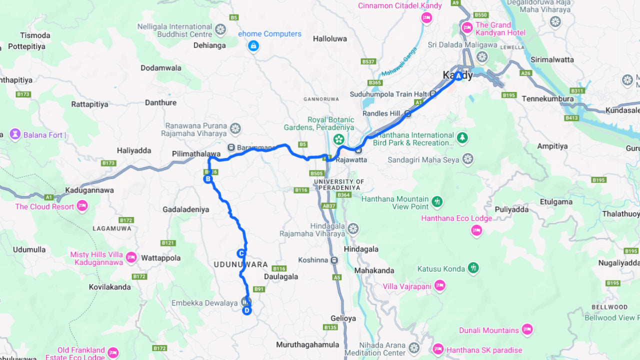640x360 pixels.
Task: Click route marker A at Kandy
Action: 458,76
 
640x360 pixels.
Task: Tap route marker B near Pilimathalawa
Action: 207,179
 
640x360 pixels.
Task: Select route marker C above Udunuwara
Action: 241,253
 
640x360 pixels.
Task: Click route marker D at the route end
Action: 246,311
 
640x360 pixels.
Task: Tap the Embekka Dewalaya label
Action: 204,303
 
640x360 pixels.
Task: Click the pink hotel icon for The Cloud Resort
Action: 82,206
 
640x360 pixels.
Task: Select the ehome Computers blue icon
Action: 253,46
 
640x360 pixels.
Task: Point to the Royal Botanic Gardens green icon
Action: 338,138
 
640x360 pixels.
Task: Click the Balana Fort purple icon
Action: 15,134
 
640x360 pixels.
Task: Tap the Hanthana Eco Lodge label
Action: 456,218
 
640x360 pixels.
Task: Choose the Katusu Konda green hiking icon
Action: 473,268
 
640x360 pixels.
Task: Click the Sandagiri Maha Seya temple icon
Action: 467,159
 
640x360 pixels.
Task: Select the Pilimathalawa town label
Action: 195,154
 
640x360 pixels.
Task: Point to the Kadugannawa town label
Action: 89,190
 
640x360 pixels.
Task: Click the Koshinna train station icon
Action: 334,260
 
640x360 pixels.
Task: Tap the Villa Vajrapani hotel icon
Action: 439,286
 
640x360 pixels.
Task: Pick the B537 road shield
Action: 368,61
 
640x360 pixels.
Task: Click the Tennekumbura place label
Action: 547,99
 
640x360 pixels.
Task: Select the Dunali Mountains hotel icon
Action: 526,329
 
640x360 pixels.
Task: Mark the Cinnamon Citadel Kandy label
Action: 400,6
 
